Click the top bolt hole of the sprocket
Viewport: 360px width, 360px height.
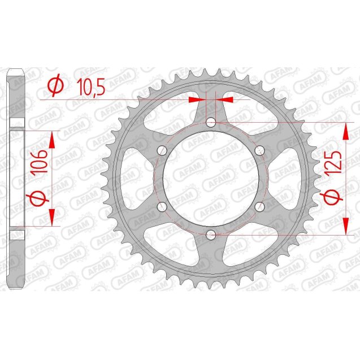click(x=211, y=122)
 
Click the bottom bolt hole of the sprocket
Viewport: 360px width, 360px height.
click(x=211, y=233)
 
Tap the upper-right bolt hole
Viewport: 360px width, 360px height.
click(x=260, y=150)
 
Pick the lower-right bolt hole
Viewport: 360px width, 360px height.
click(x=260, y=206)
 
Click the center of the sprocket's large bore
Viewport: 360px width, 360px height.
click(x=211, y=177)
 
